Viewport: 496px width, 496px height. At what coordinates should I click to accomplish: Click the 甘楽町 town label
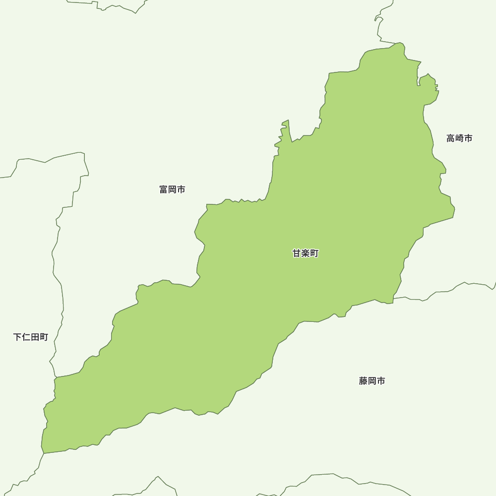tap(306, 253)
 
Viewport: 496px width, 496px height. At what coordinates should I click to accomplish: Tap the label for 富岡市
tap(173, 189)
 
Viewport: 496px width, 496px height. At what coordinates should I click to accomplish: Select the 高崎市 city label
tap(459, 138)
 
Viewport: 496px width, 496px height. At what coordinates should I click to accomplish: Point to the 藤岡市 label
tap(372, 381)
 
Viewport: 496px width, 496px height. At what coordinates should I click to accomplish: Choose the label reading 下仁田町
tap(31, 337)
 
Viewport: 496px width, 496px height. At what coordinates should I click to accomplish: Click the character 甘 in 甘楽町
tap(297, 253)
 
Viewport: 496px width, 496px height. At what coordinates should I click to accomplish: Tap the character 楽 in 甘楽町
tap(306, 253)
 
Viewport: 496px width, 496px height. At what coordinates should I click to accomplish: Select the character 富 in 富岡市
tap(164, 189)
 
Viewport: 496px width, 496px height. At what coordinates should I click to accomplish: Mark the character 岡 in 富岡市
tap(173, 189)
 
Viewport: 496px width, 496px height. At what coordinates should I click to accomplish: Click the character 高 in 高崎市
tap(450, 138)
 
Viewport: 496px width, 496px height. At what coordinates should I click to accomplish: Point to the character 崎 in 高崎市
tap(459, 138)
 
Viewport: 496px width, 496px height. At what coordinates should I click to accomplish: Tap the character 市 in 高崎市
tap(468, 138)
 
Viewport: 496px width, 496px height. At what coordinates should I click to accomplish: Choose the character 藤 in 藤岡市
tap(363, 381)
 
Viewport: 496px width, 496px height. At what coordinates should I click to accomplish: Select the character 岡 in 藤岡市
tap(372, 381)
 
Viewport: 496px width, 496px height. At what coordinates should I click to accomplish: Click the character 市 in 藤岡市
tap(381, 381)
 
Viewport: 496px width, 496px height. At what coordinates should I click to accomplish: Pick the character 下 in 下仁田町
tap(17, 337)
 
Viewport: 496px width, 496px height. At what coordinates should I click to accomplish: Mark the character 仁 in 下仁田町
tap(26, 337)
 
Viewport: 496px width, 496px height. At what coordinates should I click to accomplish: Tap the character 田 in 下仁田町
tap(35, 337)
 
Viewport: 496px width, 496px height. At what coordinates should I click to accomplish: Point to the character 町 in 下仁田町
tap(44, 337)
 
